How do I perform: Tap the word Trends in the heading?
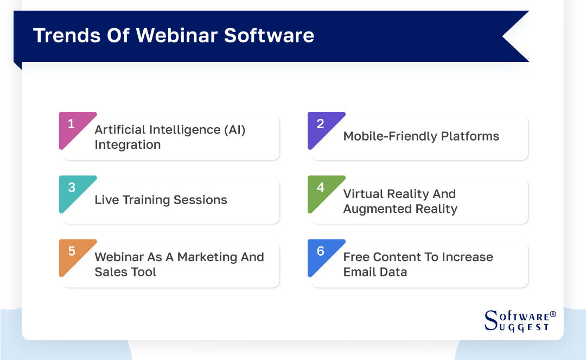click(x=65, y=35)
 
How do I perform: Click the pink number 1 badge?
click(x=71, y=124)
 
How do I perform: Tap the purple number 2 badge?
click(x=320, y=124)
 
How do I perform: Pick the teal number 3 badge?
click(x=71, y=188)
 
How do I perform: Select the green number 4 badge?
click(x=320, y=188)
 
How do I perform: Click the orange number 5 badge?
click(x=71, y=251)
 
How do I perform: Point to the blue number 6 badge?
click(x=320, y=251)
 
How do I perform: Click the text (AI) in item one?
click(x=234, y=130)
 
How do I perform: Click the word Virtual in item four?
click(x=364, y=194)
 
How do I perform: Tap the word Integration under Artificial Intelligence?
click(x=128, y=145)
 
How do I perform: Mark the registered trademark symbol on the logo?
click(x=553, y=314)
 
